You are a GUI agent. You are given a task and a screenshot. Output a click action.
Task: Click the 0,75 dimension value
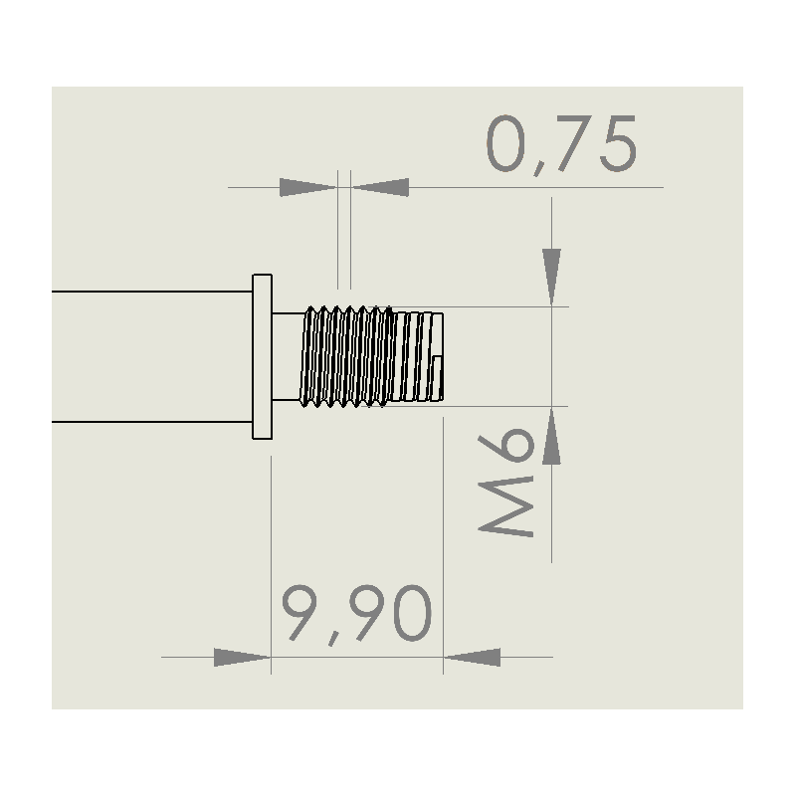pos(561,145)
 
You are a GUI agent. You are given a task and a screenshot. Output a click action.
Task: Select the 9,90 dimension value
pos(357,614)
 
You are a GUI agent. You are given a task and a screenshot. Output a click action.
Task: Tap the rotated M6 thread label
pos(505,483)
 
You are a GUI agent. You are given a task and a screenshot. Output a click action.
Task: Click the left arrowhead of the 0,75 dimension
pos(307,187)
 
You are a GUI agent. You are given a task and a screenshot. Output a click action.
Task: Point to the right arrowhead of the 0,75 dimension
pos(381,187)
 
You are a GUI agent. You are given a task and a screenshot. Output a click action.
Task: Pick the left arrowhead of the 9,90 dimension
pos(242,658)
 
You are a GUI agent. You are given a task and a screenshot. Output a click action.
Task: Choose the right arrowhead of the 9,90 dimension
pos(473,658)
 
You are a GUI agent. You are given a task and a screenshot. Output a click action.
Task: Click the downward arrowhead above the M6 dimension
pos(552,278)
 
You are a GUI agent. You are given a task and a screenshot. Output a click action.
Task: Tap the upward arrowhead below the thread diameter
pos(552,436)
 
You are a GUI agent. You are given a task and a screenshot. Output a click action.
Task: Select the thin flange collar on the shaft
pos(263,356)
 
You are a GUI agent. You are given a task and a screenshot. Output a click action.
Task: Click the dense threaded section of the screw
pos(347,356)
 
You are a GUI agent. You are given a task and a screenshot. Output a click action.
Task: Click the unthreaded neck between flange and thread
pos(288,356)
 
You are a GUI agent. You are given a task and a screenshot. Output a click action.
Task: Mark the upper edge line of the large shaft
pos(152,292)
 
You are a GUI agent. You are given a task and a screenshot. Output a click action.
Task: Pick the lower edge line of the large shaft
pos(152,421)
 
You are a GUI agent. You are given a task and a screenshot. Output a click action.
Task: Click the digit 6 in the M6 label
pos(506,445)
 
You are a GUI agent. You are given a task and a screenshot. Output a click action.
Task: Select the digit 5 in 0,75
pos(618,143)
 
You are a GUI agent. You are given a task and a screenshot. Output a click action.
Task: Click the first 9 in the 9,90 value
pos(299,613)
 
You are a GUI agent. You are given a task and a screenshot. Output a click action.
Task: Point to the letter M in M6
pos(505,506)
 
